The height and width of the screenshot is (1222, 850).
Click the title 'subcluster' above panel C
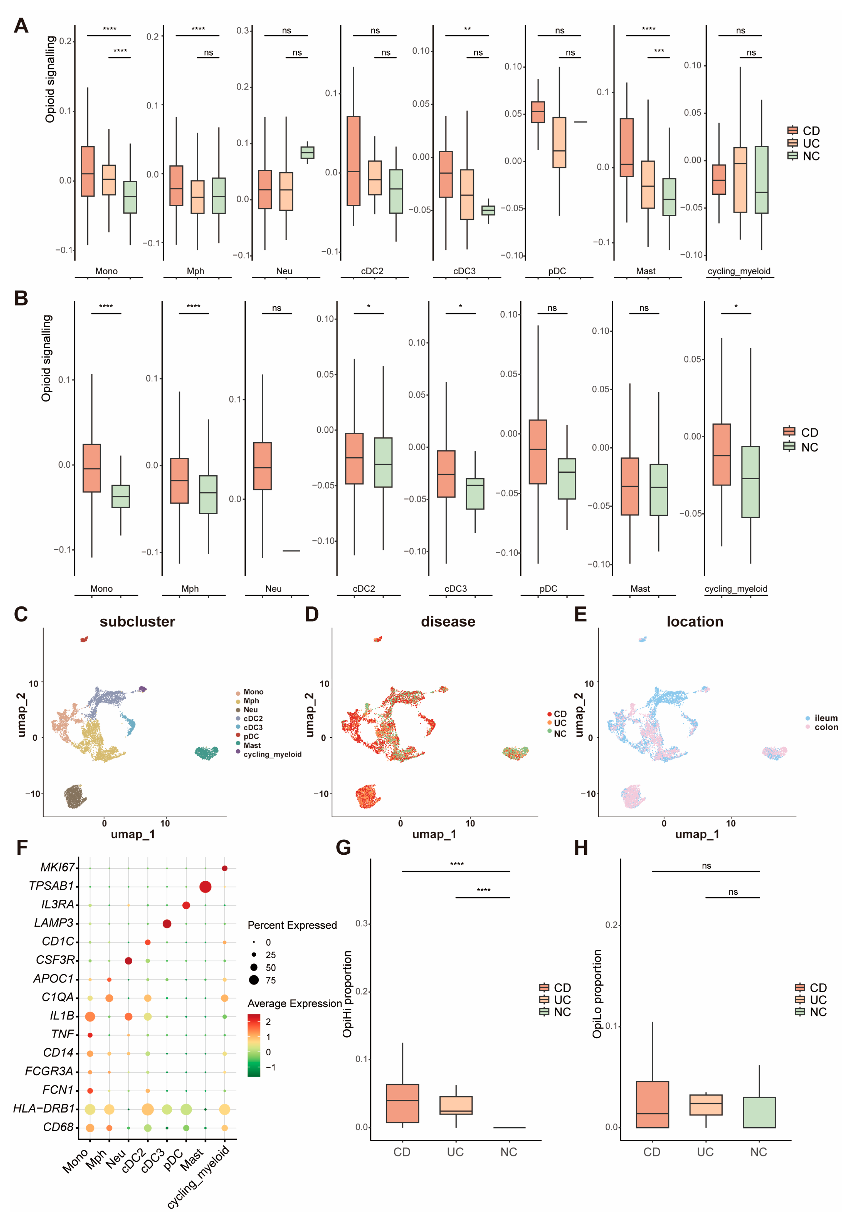click(x=137, y=622)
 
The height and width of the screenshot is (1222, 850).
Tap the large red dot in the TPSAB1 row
click(x=205, y=887)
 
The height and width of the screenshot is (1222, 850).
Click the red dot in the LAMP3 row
click(x=167, y=924)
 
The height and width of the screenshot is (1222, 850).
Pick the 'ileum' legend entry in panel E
click(x=826, y=718)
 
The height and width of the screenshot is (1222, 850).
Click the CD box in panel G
click(x=402, y=1103)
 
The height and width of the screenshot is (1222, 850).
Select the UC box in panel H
click(x=706, y=1105)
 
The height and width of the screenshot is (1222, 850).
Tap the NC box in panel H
click(x=759, y=1112)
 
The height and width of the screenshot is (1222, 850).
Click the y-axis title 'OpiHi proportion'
click(x=347, y=994)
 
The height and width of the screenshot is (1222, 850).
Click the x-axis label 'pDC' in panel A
click(x=557, y=271)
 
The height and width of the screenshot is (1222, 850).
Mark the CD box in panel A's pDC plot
click(x=538, y=112)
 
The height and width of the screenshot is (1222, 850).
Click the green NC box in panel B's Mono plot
click(x=120, y=496)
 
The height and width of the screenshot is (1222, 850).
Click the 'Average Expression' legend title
click(x=295, y=1003)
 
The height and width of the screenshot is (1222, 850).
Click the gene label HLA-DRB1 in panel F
click(x=44, y=1108)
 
